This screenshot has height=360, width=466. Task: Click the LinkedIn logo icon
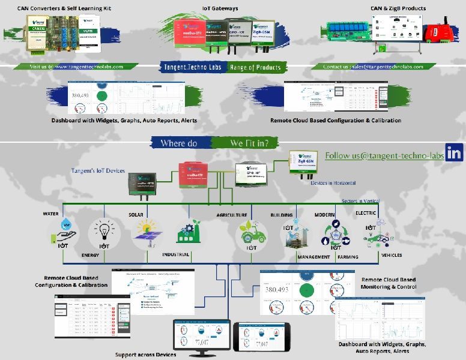455,153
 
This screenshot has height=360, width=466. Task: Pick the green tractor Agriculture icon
252,232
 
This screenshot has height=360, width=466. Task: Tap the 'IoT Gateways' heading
220,8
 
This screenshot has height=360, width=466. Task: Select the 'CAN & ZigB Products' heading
398,8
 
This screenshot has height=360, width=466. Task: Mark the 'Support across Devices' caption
146,355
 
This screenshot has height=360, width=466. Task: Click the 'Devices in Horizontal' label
333,183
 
